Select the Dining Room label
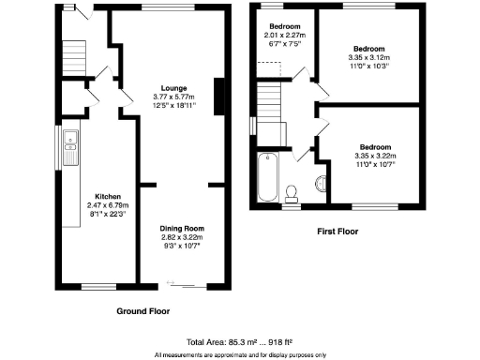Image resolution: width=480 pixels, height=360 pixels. click(181, 229)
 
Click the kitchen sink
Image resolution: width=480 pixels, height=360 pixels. click(71, 145)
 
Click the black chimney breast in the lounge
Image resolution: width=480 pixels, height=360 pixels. click(219, 97)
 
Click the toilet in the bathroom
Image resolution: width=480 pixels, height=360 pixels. click(292, 192)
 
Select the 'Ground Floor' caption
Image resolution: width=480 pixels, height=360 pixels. click(142, 310)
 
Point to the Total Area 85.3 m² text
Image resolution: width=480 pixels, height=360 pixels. click(240, 343)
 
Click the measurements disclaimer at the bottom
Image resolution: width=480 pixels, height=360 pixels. click(240, 355)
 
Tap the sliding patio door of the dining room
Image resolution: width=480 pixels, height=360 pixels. click(181, 284)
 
